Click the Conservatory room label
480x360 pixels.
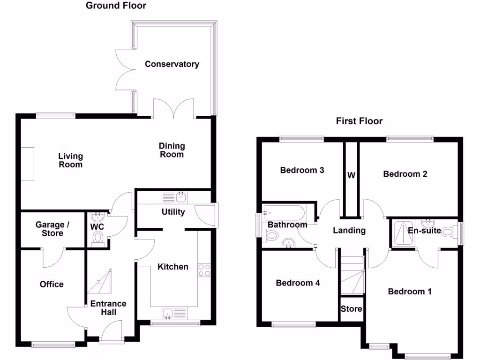[x=172, y=64]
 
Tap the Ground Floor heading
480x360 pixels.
[x=116, y=6]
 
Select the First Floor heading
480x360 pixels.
[x=359, y=121]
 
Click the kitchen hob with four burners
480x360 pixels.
[x=204, y=270]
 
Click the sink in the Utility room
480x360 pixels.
[x=180, y=197]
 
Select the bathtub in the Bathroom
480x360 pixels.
[x=284, y=213]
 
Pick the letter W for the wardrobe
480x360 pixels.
[x=351, y=176]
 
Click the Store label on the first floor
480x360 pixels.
[x=351, y=309]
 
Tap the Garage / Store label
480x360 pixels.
[x=52, y=229]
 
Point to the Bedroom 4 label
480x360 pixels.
[x=298, y=283]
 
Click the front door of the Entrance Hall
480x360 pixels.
[x=111, y=333]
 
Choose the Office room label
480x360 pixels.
[x=52, y=284]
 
